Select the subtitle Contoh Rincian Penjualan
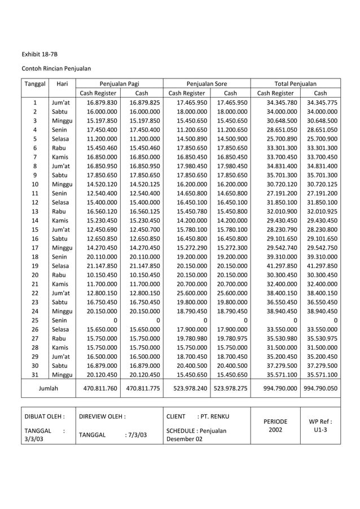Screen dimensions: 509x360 point(56,68)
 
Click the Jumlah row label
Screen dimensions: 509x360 point(48,388)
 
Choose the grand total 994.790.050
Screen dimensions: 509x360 point(321,388)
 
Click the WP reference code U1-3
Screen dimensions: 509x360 point(320,430)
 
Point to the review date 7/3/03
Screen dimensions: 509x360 point(135,435)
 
